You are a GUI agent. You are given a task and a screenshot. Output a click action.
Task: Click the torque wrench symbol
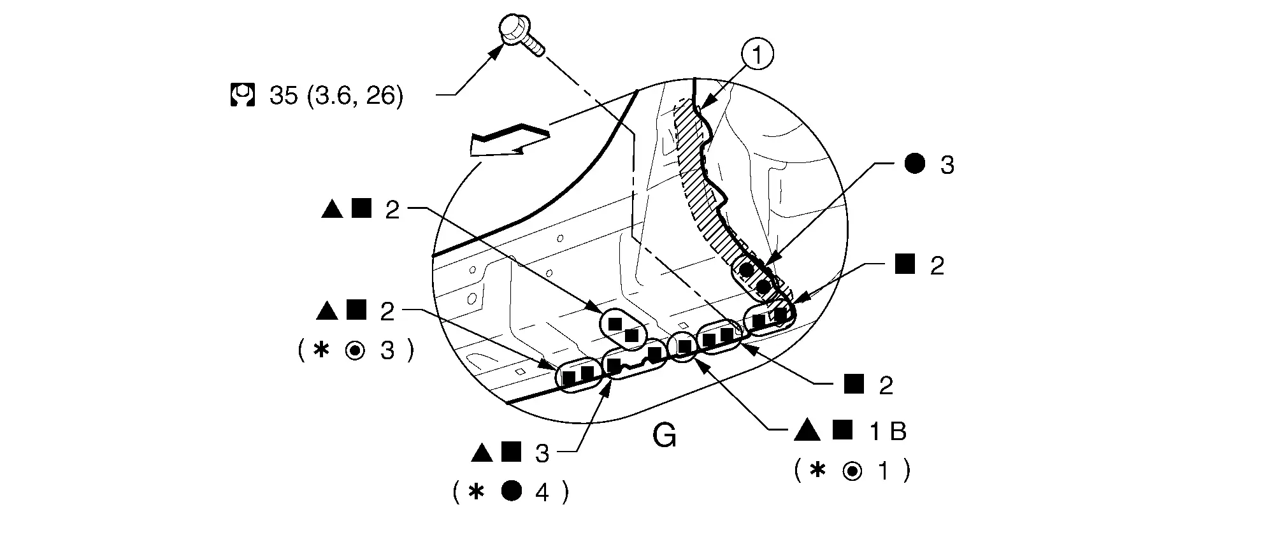pyautogui.click(x=242, y=95)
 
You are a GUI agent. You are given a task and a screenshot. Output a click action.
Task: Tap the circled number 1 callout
pyautogui.click(x=756, y=56)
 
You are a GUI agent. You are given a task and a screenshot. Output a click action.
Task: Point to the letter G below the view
pyautogui.click(x=665, y=437)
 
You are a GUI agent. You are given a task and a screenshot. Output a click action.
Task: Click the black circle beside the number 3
pyautogui.click(x=914, y=164)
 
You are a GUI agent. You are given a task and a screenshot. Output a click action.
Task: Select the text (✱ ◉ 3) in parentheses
pyautogui.click(x=356, y=350)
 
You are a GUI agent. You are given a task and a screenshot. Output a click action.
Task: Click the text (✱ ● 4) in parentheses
pyautogui.click(x=510, y=492)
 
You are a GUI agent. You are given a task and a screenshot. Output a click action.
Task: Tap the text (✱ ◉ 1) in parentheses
pyautogui.click(x=852, y=471)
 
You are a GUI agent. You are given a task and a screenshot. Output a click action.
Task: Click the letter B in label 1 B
pyautogui.click(x=897, y=432)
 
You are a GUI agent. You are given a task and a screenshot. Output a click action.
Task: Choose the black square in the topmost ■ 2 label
pyautogui.click(x=905, y=264)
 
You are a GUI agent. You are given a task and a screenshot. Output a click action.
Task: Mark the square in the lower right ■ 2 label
pyautogui.click(x=854, y=384)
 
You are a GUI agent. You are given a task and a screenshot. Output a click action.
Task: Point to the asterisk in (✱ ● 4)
pyautogui.click(x=475, y=492)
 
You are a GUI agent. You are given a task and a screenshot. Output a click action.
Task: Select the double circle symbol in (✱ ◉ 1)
pyautogui.click(x=852, y=471)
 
